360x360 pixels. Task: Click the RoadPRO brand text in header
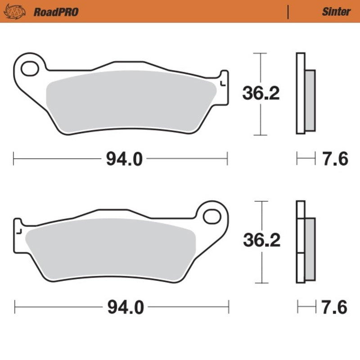click(x=56, y=12)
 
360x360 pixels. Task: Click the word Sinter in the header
click(x=336, y=12)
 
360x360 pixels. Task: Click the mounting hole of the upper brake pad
click(x=30, y=69)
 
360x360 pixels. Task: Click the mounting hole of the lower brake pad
click(x=211, y=216)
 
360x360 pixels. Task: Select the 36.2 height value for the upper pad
click(x=261, y=93)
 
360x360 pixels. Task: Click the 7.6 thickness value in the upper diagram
click(x=335, y=159)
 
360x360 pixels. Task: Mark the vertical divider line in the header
click(x=288, y=12)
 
